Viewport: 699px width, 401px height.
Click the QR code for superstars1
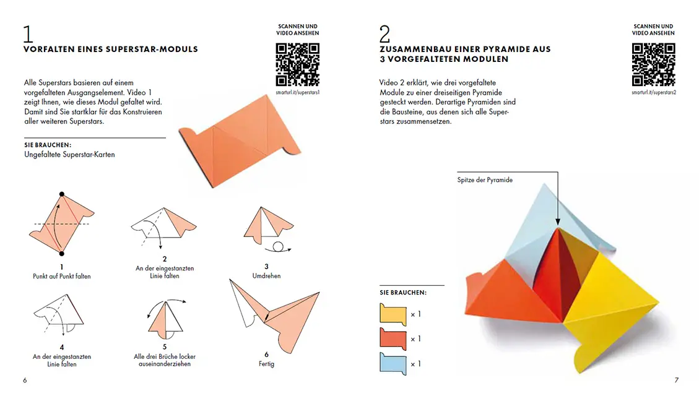(297, 64)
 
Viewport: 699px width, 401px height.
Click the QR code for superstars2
(654, 64)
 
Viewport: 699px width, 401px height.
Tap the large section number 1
(28, 34)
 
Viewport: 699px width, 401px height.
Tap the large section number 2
(384, 34)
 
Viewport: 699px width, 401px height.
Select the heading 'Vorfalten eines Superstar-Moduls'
(111, 49)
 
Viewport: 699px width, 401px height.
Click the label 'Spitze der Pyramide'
(485, 180)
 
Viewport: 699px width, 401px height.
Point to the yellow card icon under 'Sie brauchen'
(393, 314)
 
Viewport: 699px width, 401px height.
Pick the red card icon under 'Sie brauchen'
(393, 339)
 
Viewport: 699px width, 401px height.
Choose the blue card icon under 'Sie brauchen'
(393, 364)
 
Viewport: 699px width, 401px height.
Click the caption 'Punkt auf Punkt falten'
(61, 276)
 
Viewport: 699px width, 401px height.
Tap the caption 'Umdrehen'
(267, 276)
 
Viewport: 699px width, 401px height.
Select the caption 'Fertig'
(267, 364)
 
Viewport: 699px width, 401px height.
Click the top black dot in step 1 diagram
(61, 194)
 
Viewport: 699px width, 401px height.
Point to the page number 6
(25, 380)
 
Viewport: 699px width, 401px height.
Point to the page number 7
(676, 380)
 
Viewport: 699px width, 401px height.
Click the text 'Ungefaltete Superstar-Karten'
(69, 155)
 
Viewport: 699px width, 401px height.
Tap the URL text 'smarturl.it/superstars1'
(297, 93)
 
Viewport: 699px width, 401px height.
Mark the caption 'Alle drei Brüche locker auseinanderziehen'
(165, 360)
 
